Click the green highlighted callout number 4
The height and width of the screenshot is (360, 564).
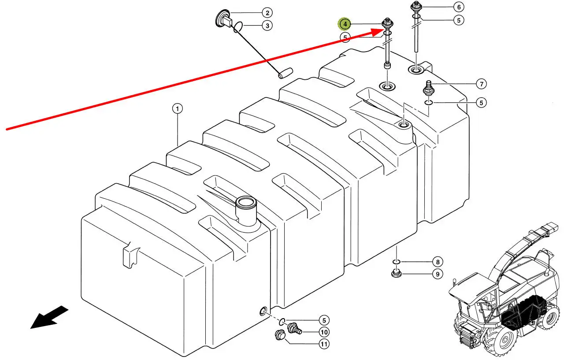point(345,23)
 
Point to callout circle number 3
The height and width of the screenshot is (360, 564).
point(267,26)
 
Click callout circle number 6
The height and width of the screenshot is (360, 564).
point(459,7)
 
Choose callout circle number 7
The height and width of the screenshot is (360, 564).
point(481,84)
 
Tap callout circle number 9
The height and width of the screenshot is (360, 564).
point(437,275)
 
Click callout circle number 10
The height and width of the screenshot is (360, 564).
point(324,332)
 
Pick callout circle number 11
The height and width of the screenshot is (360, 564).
point(324,345)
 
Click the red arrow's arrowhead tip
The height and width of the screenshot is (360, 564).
point(382,30)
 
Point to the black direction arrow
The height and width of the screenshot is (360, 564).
point(48,317)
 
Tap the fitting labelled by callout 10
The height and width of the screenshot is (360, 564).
point(293,328)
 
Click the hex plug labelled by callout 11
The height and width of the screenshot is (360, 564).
point(279,335)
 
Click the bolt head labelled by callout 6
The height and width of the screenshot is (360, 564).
point(415,7)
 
